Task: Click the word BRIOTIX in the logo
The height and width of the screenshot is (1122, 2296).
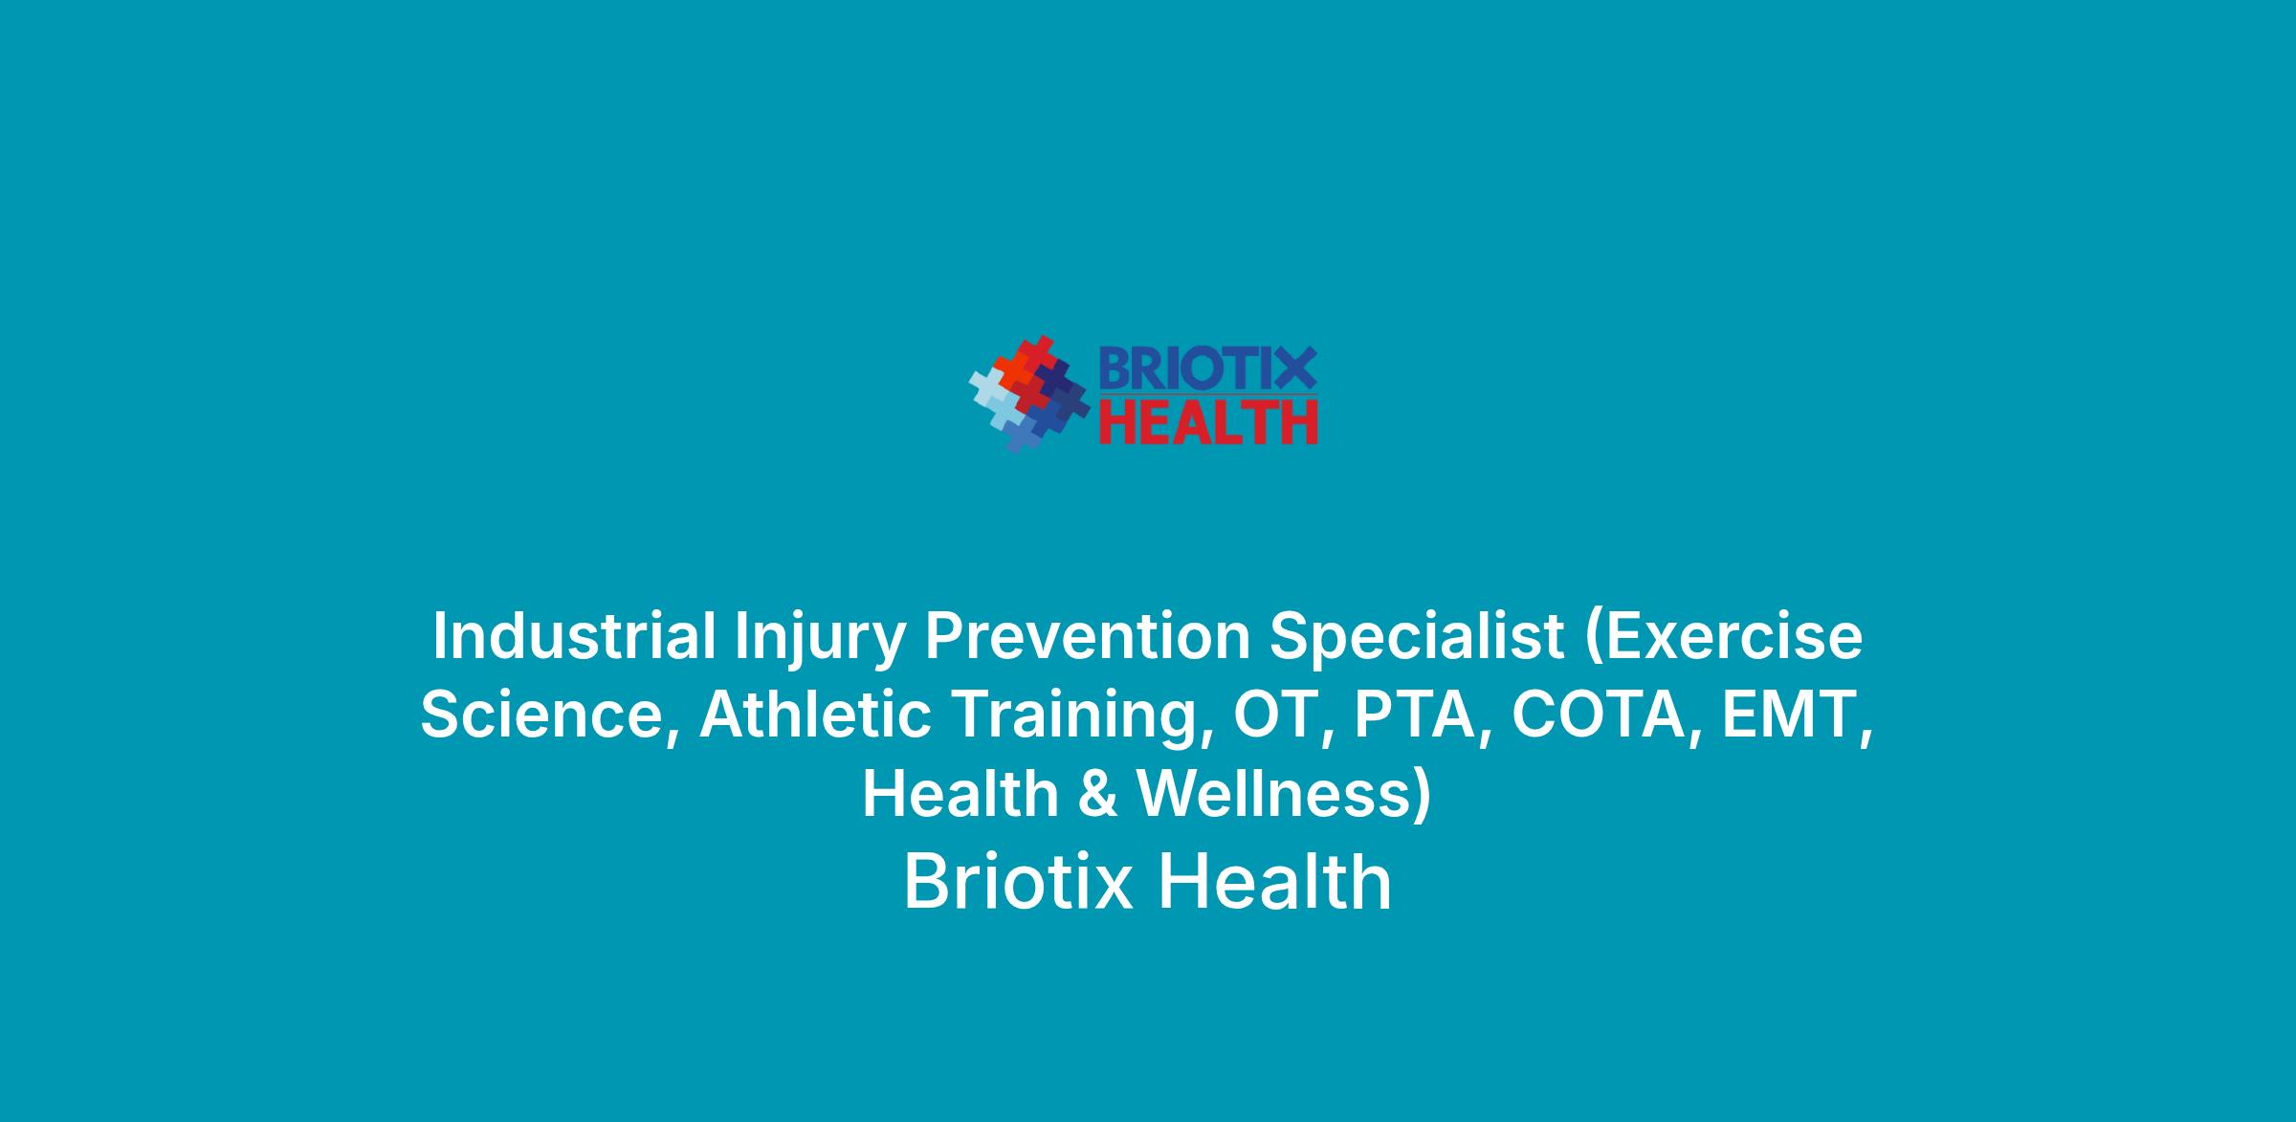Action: pos(1207,368)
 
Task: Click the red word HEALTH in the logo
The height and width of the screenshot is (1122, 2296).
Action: pos(1207,422)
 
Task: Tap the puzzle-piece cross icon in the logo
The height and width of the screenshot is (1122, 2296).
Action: pos(1029,394)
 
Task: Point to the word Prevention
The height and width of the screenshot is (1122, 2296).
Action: pos(1087,636)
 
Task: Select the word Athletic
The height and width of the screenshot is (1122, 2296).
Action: pos(815,715)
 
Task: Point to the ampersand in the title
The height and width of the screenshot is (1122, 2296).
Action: pos(1098,796)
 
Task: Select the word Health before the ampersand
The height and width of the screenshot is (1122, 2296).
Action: pos(960,795)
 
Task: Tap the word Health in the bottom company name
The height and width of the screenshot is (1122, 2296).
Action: pos(1275,882)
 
